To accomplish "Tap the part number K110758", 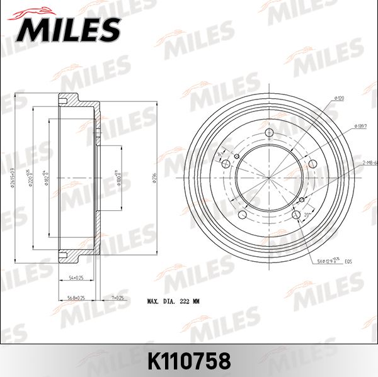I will (x=188, y=361).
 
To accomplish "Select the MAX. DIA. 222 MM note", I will (x=173, y=302).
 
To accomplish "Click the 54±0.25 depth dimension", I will (x=76, y=277).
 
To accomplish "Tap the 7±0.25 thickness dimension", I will (x=116, y=298).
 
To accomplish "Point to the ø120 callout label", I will (x=338, y=99).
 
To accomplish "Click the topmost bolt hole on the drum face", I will (x=269, y=133).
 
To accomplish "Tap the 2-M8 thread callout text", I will (x=370, y=162).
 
